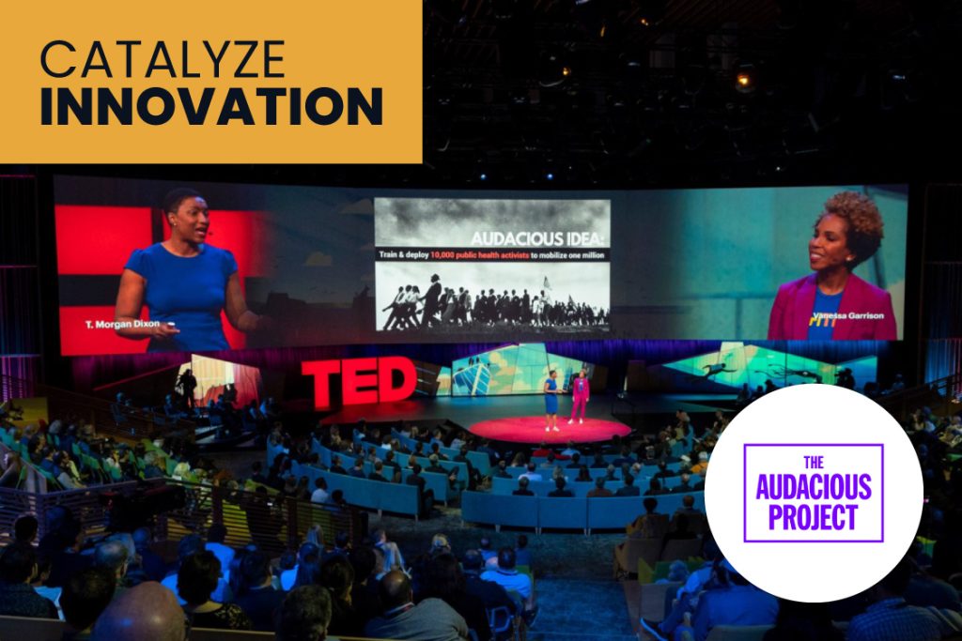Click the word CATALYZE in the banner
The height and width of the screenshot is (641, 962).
tap(163, 59)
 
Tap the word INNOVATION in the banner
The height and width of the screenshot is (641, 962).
tap(211, 107)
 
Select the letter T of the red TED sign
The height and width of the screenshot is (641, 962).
tap(321, 384)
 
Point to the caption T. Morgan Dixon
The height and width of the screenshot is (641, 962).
tap(123, 324)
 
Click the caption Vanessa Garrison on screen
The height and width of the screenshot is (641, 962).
tap(848, 315)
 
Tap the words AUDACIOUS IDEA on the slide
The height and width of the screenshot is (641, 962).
tap(540, 238)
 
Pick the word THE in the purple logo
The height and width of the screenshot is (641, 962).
tap(814, 463)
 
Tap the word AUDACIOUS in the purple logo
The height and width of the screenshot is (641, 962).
tap(814, 487)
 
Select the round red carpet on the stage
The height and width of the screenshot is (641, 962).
tap(549, 429)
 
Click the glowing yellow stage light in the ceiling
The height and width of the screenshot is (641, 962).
tap(744, 79)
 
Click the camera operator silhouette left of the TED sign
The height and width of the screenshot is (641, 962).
tap(187, 388)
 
